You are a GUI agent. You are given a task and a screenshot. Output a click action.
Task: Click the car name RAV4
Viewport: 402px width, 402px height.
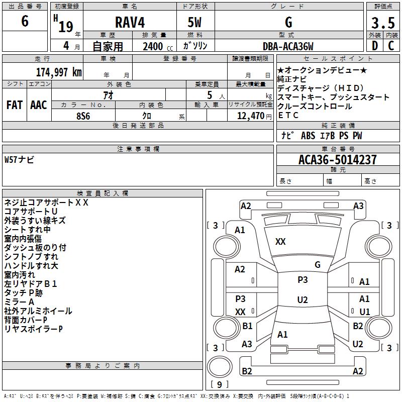pyautogui.click(x=129, y=23)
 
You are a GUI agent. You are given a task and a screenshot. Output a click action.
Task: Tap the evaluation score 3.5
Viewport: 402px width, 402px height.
pyautogui.click(x=382, y=23)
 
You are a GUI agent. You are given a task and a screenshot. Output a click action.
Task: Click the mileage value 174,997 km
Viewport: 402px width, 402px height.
pyautogui.click(x=59, y=72)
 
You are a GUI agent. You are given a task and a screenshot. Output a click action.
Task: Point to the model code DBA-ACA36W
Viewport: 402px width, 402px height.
pyautogui.click(x=288, y=47)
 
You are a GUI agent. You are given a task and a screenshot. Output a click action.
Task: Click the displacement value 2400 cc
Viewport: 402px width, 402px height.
pyautogui.click(x=156, y=47)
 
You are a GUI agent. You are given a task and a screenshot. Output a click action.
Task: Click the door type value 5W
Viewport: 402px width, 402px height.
pyautogui.click(x=194, y=23)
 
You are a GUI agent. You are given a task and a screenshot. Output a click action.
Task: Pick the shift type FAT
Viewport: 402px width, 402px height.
pyautogui.click(x=14, y=105)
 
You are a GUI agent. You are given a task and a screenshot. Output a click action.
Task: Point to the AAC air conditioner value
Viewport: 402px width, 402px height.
pyautogui.click(x=39, y=105)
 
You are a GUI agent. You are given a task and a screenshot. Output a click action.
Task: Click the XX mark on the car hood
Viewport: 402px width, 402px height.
pyautogui.click(x=280, y=242)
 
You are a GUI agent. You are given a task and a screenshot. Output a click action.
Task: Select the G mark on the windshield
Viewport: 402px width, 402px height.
pyautogui.click(x=317, y=265)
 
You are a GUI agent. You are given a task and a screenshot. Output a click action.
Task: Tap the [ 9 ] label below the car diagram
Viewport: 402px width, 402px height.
pyautogui.click(x=219, y=385)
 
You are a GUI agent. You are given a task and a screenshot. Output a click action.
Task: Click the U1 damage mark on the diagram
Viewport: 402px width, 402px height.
pyautogui.click(x=364, y=312)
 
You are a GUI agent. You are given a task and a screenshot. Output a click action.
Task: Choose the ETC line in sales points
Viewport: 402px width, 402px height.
pyautogui.click(x=288, y=115)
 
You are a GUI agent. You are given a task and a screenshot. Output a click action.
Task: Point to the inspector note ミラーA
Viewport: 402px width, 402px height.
pyautogui.click(x=19, y=301)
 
